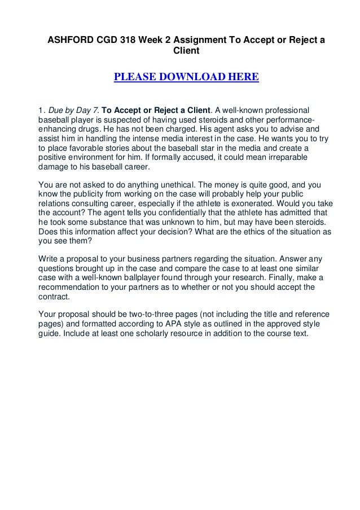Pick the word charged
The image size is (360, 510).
pos(188,129)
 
